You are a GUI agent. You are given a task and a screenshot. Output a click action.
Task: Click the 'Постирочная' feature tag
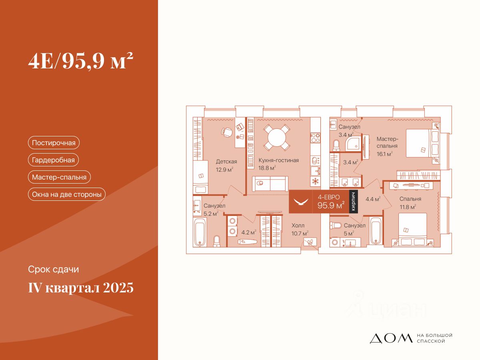(x=54, y=143)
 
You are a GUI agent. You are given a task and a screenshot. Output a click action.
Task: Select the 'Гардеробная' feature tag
(x=53, y=160)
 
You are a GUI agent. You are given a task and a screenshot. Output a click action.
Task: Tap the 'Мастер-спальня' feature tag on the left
(x=60, y=177)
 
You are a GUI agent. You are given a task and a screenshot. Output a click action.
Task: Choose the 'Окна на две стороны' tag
(x=66, y=194)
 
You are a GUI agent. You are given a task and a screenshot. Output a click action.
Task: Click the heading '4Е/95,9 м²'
(x=80, y=62)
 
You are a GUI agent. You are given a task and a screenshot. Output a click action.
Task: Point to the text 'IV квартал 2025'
(x=81, y=288)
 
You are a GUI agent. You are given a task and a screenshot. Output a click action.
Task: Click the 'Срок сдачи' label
(x=54, y=270)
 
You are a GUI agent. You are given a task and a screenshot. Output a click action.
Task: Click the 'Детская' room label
(x=226, y=162)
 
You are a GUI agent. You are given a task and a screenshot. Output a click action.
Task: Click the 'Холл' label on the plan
(x=298, y=226)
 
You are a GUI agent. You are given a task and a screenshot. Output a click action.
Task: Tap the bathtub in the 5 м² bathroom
(x=376, y=231)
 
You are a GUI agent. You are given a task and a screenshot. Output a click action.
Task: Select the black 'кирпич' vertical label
(x=353, y=202)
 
